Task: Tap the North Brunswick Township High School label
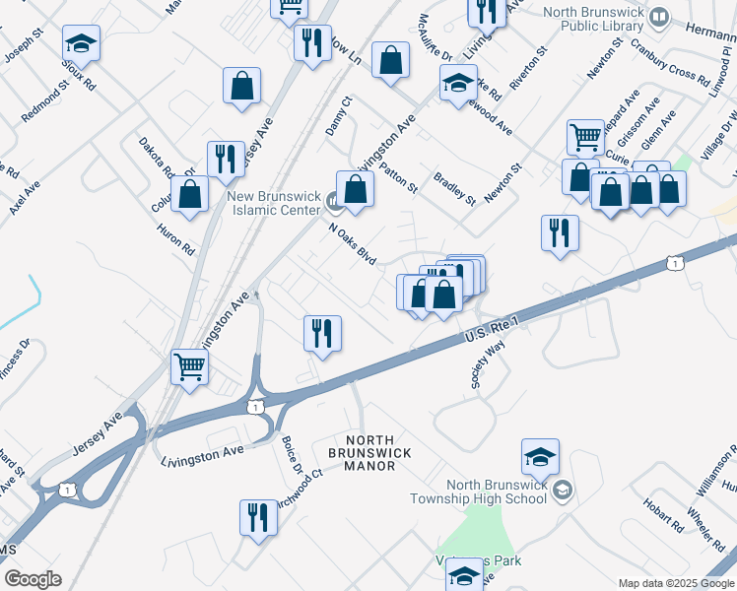[497, 491]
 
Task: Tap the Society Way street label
[488, 366]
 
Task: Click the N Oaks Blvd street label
[353, 242]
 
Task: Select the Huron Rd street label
[175, 239]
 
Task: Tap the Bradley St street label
[455, 186]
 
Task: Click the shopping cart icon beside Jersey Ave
[189, 366]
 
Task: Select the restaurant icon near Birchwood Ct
[258, 516]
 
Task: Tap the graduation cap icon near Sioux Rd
[82, 42]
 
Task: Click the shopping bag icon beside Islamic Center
[355, 188]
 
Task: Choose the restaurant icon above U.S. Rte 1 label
[322, 333]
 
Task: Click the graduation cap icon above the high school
[540, 456]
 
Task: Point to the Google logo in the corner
[33, 579]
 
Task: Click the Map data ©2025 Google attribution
[676, 583]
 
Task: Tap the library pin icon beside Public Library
[659, 17]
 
